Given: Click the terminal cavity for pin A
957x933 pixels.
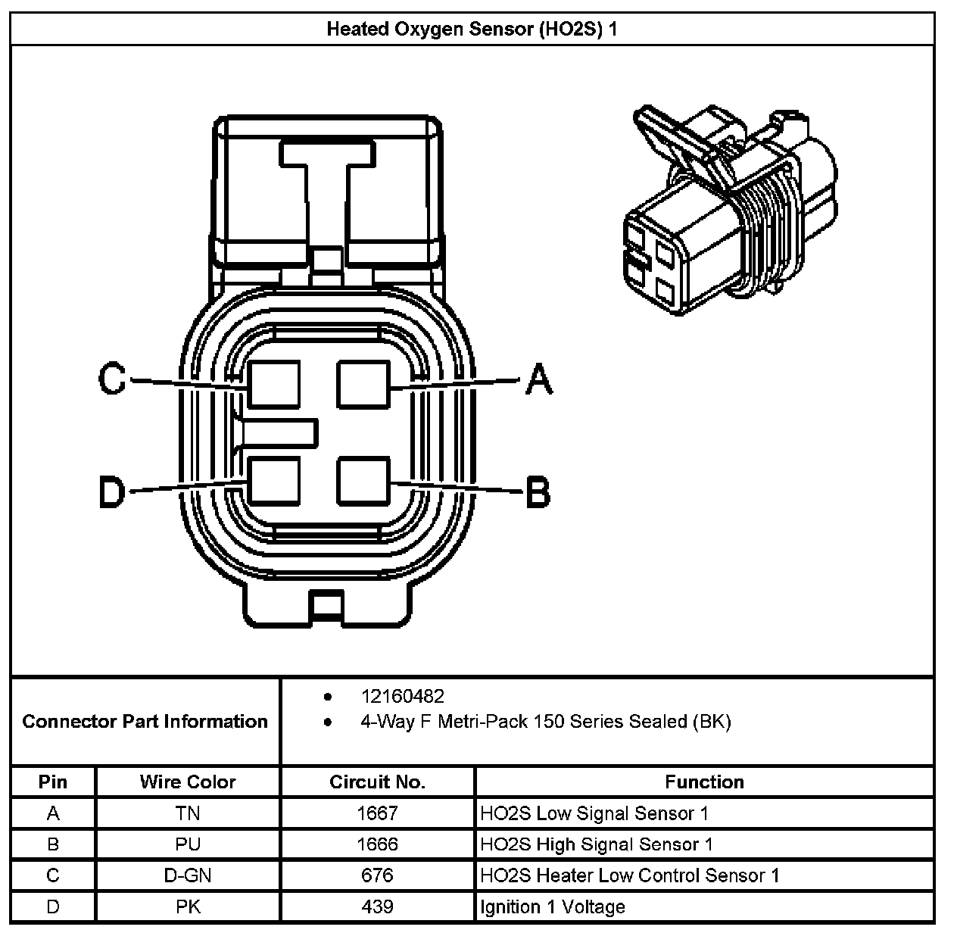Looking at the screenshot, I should [x=363, y=385].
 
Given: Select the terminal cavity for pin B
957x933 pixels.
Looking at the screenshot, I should [x=363, y=480].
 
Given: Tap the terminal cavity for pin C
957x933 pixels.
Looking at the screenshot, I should [x=273, y=385].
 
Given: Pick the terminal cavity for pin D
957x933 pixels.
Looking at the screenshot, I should [x=273, y=480].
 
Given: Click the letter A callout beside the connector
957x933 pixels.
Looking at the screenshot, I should [x=538, y=379].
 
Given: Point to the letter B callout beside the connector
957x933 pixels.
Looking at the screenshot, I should [x=538, y=491].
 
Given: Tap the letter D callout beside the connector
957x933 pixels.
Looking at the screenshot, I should [x=112, y=492].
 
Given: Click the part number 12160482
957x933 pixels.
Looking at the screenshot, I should [x=402, y=696].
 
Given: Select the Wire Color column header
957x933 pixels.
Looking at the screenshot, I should [x=188, y=782].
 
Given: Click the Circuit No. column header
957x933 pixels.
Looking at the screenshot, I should [x=377, y=782].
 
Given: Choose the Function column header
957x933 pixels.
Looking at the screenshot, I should [x=704, y=782].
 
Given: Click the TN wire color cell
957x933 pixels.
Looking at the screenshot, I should [x=188, y=813].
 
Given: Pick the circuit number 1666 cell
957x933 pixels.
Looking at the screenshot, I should [x=377, y=844].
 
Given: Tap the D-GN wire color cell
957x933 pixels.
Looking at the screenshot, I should [x=188, y=875].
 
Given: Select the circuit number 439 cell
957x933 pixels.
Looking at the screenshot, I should [x=377, y=906].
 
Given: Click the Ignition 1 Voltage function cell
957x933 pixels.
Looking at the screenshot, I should [x=553, y=906].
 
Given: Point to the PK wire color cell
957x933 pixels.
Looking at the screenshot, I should [x=188, y=906].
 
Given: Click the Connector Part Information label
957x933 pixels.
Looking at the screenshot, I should [x=145, y=721].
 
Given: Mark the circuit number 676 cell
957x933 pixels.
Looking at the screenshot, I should [x=377, y=875].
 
